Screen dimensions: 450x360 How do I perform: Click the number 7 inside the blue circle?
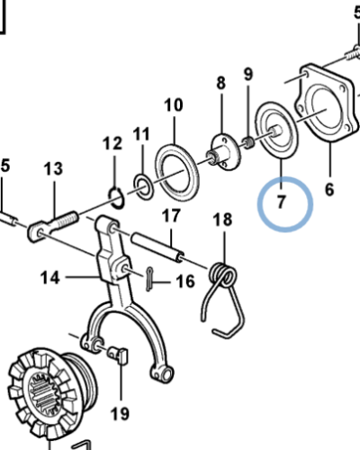pyautogui.click(x=282, y=202)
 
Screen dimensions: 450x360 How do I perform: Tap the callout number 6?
pyautogui.click(x=328, y=190)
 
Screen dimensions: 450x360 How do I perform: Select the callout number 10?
pyautogui.click(x=173, y=106)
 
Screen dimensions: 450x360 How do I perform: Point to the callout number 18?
pyautogui.click(x=221, y=220)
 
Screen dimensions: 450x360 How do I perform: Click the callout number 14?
pyautogui.click(x=51, y=278)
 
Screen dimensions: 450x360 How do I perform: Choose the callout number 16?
pyautogui.click(x=184, y=282)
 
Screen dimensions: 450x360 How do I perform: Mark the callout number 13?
pyautogui.click(x=53, y=168)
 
